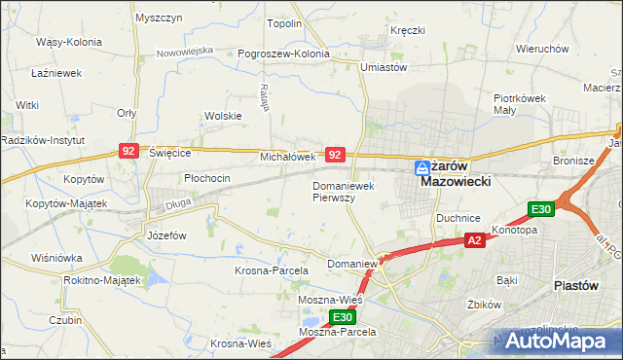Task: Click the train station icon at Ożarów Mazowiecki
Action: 422,166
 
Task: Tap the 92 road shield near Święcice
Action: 128,151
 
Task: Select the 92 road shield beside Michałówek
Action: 335,155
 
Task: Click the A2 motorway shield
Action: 474,240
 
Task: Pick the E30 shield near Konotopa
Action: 541,209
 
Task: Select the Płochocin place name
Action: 207,178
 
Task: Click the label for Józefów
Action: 165,235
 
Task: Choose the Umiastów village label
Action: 383,67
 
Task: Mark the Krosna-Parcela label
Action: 272,270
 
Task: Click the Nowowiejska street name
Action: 184,49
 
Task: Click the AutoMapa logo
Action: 556,341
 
